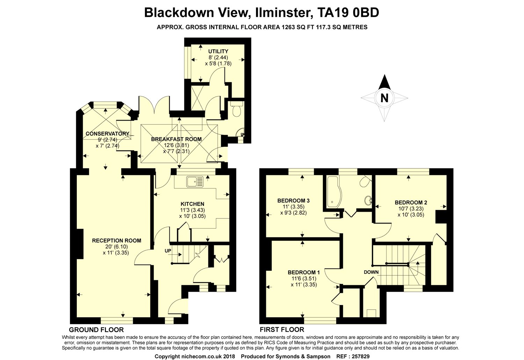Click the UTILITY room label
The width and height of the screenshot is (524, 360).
pos(218,51)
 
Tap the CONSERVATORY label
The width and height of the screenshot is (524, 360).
pos(107,134)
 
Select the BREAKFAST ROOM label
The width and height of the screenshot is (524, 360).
pos(176,139)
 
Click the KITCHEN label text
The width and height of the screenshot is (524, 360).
pos(192,204)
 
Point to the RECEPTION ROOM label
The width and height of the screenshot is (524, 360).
pos(116,240)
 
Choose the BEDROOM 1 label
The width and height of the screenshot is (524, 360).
pos(304,272)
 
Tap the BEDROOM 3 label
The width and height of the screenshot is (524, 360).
pos(293,201)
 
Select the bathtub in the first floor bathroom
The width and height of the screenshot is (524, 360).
pos(334,192)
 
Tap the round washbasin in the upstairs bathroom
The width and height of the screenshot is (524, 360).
pos(368,201)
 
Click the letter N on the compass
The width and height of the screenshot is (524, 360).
pos(384,98)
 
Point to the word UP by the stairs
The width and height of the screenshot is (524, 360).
pos(168,251)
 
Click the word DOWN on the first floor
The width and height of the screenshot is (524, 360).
pos(371,272)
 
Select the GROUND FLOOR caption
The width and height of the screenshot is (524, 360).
pos(96,330)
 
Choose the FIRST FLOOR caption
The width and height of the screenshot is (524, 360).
pos(282,330)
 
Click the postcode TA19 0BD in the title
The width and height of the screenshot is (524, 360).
pos(348,13)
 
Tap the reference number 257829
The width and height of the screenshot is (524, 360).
pos(361,357)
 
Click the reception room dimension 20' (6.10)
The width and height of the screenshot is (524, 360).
pos(116,247)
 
